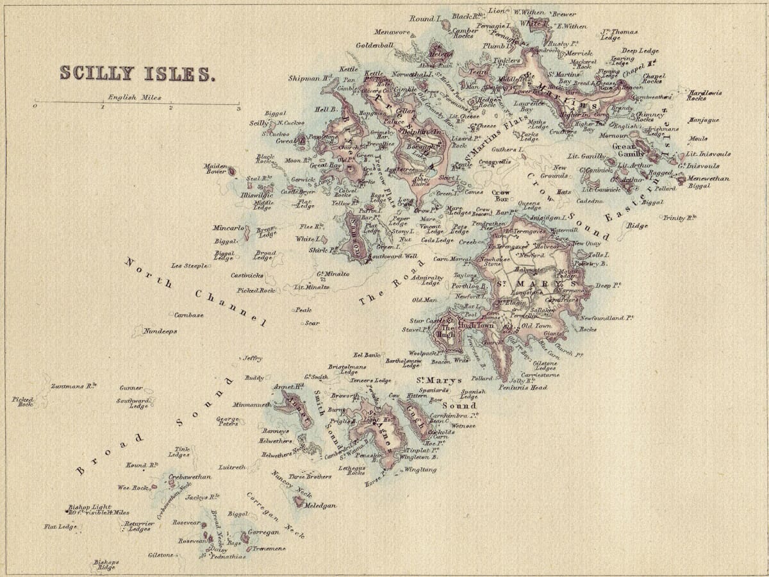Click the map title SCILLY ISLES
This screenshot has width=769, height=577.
coord(136,73)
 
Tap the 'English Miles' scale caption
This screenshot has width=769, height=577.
coord(135,97)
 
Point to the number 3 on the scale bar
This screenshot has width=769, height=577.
coord(238,108)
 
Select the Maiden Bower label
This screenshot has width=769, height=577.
coord(216,169)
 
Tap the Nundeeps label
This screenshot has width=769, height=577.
coord(160,331)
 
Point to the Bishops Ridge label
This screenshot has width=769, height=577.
coord(106,565)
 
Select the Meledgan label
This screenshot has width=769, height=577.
coord(320,506)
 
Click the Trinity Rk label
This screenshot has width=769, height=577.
coord(680,218)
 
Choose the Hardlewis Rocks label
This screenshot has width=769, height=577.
coord(705,96)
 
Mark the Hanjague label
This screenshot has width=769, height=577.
coord(704,120)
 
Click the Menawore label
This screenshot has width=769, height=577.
coord(392,31)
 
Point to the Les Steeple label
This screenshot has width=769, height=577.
coord(189,265)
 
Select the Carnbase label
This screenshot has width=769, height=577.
coord(189,315)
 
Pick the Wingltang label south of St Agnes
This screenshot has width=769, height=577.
coord(420,470)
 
